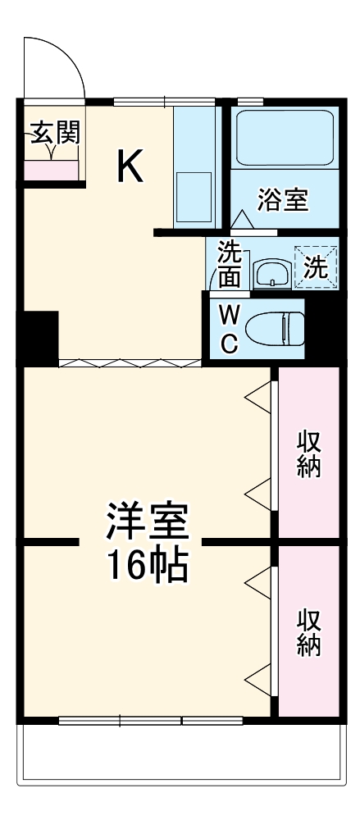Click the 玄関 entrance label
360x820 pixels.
pyautogui.click(x=55, y=134)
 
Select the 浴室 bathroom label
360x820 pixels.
pyautogui.click(x=283, y=199)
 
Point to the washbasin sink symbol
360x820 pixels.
pyautogui.click(x=270, y=273)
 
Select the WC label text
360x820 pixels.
pyautogui.click(x=230, y=329)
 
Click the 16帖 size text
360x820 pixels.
pyautogui.click(x=146, y=564)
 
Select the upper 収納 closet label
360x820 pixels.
pyautogui.click(x=309, y=454)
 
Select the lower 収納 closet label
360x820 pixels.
pyautogui.click(x=309, y=632)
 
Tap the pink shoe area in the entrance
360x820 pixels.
pyautogui.click(x=51, y=171)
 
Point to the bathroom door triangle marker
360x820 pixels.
pyautogui.click(x=242, y=220)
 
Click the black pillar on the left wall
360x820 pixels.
pyautogui.click(x=39, y=338)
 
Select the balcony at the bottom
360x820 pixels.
pyautogui.click(x=180, y=750)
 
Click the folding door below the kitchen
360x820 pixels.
pyautogui.click(x=129, y=362)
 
